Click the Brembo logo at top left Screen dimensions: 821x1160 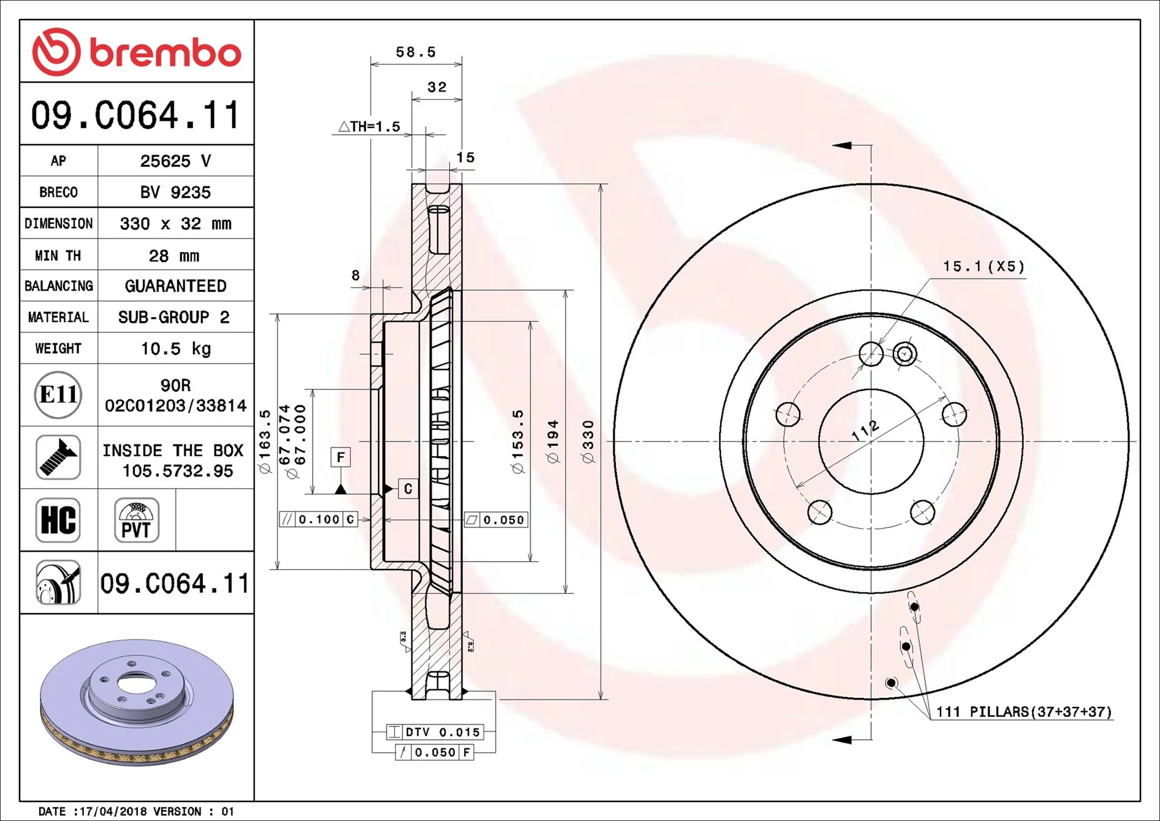pos(136,52)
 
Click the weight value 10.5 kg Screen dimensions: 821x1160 pos(175,349)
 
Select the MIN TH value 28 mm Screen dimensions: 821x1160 pos(174,256)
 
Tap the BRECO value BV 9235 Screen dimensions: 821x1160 pos(175,193)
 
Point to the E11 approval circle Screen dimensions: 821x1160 pos(58,395)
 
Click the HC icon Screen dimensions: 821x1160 pos(58,520)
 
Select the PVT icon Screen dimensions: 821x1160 pos(136,520)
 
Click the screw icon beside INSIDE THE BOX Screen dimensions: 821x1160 pos(58,457)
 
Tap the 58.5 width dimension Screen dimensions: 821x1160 pos(415,52)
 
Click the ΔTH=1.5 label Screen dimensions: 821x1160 pos(370,126)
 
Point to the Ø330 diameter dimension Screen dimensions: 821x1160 pos(588,441)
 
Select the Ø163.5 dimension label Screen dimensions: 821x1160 pos(265,441)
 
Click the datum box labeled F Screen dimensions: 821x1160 pos(341,457)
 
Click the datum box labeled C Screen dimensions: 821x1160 pos(408,489)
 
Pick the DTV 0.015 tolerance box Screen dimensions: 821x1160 pos(435,731)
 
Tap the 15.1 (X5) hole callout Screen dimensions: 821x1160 pos(983,266)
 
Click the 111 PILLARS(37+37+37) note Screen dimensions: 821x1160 pos(1023,712)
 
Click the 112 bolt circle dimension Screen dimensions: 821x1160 pos(866,431)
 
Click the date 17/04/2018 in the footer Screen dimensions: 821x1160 pos(113,811)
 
